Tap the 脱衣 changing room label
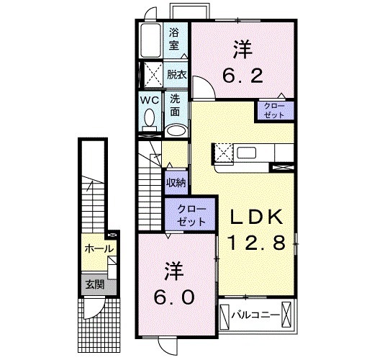(176, 75)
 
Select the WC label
(149, 99)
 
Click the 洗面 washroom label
(176, 106)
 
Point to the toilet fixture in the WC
(150, 119)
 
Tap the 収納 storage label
(176, 182)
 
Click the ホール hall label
(99, 249)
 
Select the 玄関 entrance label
(94, 284)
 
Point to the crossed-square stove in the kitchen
(222, 153)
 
